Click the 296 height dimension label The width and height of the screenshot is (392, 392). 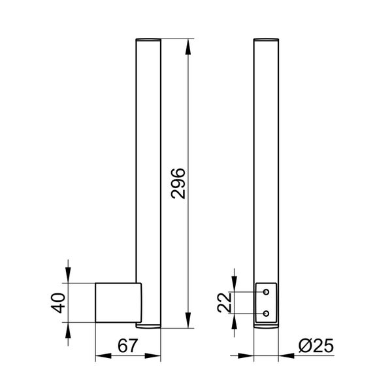click(x=178, y=184)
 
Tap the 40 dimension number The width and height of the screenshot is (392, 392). click(x=58, y=302)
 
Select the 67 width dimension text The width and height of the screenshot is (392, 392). click(x=127, y=346)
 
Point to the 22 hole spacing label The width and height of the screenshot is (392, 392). click(x=224, y=302)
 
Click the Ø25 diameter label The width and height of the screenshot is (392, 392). click(x=316, y=346)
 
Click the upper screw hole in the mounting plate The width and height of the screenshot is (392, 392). click(x=267, y=292)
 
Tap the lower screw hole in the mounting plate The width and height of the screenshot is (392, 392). click(x=267, y=313)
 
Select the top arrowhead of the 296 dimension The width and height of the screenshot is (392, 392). click(x=188, y=47)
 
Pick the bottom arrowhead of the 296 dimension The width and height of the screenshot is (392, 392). click(x=188, y=320)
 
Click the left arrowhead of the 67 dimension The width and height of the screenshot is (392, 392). click(x=103, y=356)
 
